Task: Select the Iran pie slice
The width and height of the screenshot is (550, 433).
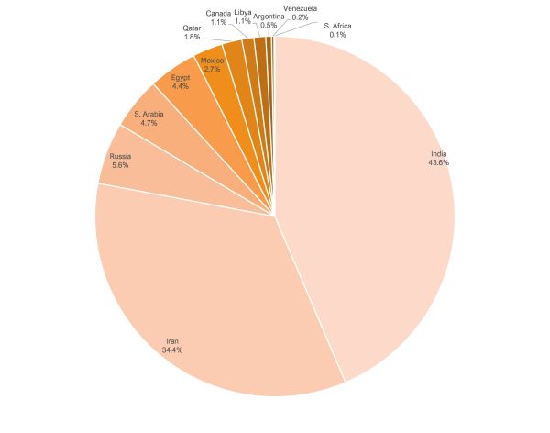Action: pos(211,294)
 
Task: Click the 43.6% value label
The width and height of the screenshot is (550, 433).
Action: pos(438,162)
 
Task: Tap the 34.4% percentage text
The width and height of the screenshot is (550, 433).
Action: pos(172,350)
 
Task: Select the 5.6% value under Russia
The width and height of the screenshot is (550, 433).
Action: pos(120,166)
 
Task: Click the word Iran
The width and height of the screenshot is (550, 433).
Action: pos(172,339)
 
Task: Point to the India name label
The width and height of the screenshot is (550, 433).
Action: pos(438,152)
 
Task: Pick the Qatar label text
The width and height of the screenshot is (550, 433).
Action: pos(192,28)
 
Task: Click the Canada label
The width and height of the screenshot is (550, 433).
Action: pos(218,13)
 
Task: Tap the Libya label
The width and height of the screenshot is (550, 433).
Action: pos(243,12)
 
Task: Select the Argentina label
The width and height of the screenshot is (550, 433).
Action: pos(269,16)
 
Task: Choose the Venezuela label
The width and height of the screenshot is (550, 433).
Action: pos(301,8)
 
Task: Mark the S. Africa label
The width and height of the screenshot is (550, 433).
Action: pos(338,25)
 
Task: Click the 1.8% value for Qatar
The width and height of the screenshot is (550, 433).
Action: pos(192,37)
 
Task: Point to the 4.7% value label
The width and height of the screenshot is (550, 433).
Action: pos(148,123)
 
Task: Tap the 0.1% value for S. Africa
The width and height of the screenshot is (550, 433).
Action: pos(338,34)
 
